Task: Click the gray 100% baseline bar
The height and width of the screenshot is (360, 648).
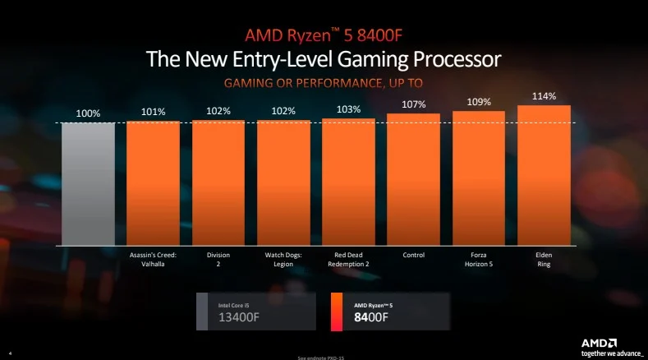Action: click(88, 184)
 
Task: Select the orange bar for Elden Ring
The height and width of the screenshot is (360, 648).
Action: click(544, 176)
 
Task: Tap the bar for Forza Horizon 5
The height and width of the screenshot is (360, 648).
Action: click(479, 179)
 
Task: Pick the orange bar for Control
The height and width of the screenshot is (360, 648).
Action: click(413, 181)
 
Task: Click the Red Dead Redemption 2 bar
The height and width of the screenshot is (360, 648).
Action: click(348, 182)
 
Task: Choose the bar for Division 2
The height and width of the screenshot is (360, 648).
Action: click(218, 183)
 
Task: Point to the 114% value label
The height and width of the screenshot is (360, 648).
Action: click(544, 96)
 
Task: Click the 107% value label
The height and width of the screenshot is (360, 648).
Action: click(414, 104)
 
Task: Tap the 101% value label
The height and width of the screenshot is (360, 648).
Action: click(153, 112)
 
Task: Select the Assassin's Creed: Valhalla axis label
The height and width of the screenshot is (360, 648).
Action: click(153, 260)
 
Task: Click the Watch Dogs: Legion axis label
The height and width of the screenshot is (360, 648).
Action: click(283, 260)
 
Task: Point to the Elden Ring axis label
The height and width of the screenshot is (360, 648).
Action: click(544, 260)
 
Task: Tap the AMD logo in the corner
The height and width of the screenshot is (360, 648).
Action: click(600, 343)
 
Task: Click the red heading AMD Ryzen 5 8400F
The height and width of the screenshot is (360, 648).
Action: click(323, 35)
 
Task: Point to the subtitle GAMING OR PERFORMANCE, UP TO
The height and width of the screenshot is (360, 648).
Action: click(324, 84)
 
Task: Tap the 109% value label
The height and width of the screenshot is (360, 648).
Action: click(479, 103)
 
